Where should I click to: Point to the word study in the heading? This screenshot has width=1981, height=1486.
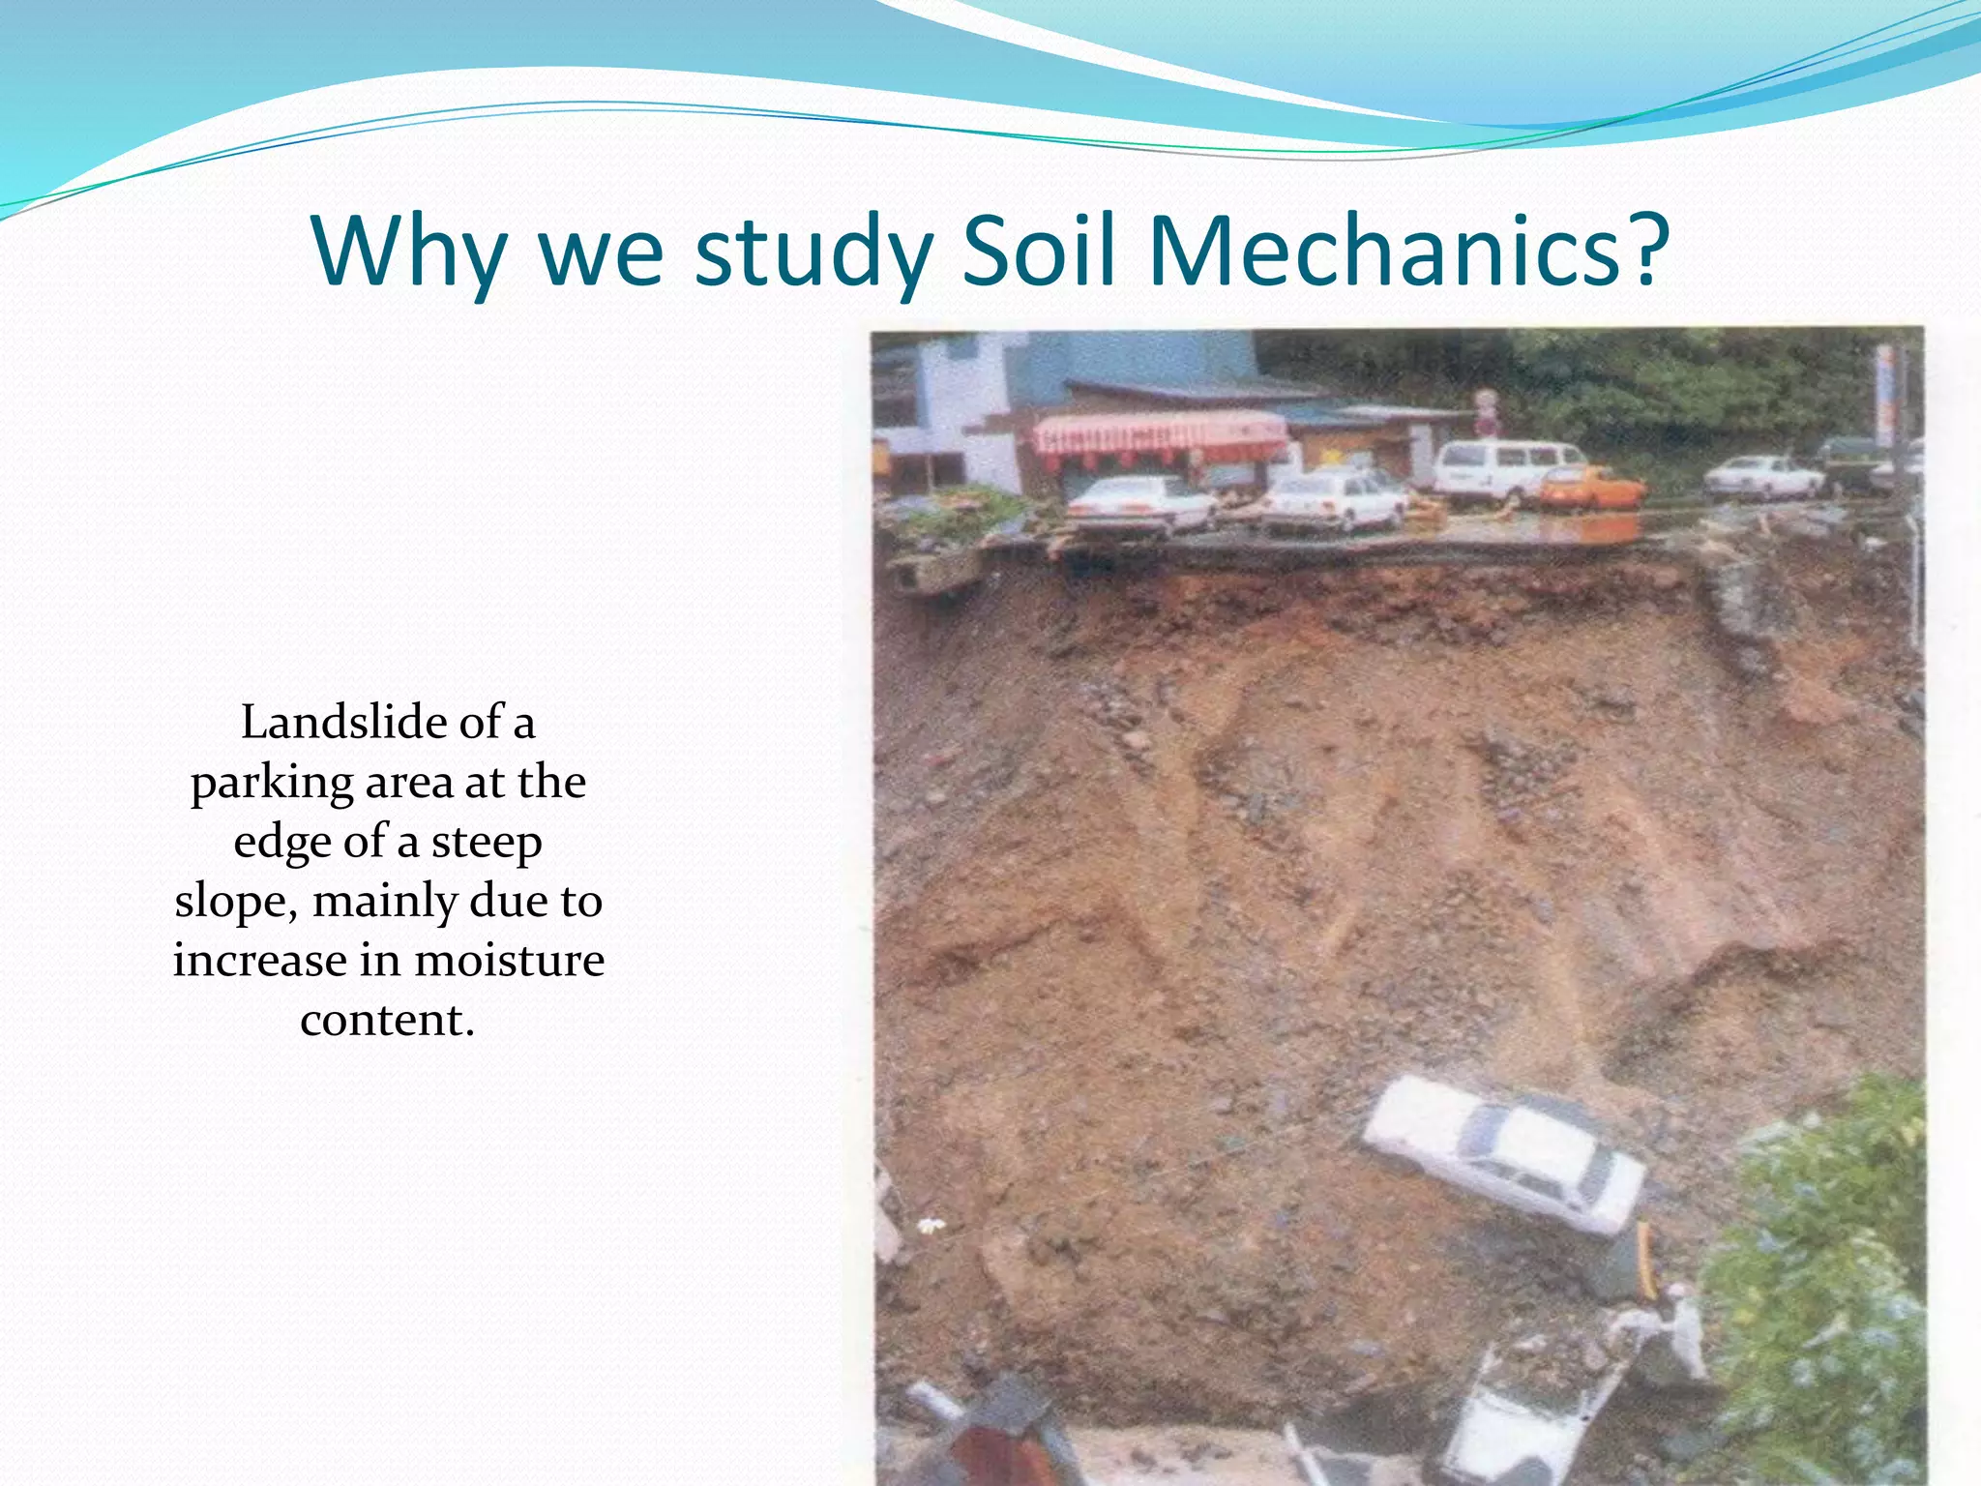point(813,252)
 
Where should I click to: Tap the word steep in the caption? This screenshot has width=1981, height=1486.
point(486,843)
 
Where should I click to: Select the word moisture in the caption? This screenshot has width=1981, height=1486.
point(509,960)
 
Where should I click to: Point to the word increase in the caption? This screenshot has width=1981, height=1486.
point(259,960)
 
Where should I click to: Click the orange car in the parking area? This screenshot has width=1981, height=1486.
point(1591,489)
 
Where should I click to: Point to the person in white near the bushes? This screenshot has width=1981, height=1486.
point(1678,1330)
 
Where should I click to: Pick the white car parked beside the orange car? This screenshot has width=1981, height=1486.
point(1335,502)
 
